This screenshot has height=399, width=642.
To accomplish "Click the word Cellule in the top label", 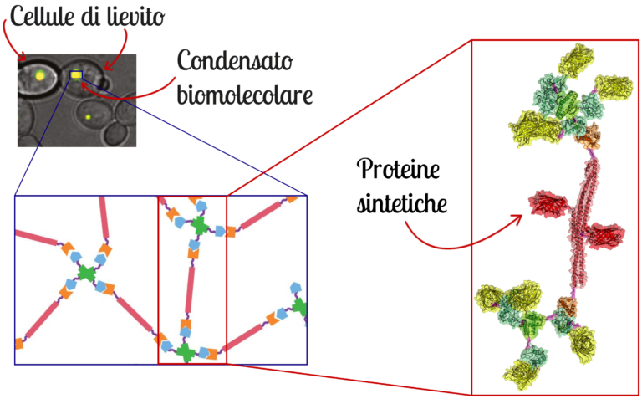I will click(39, 15).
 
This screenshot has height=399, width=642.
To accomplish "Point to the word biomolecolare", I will click(244, 93).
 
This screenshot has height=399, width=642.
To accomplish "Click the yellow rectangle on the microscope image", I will click(76, 75).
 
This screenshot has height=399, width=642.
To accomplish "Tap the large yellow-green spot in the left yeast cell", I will click(39, 76).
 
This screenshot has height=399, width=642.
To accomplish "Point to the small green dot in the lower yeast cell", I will click(88, 118).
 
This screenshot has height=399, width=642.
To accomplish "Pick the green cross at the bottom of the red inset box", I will click(186, 352).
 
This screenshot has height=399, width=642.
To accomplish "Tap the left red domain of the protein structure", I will click(547, 203).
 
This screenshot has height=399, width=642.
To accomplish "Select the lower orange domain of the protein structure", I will click(568, 306).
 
